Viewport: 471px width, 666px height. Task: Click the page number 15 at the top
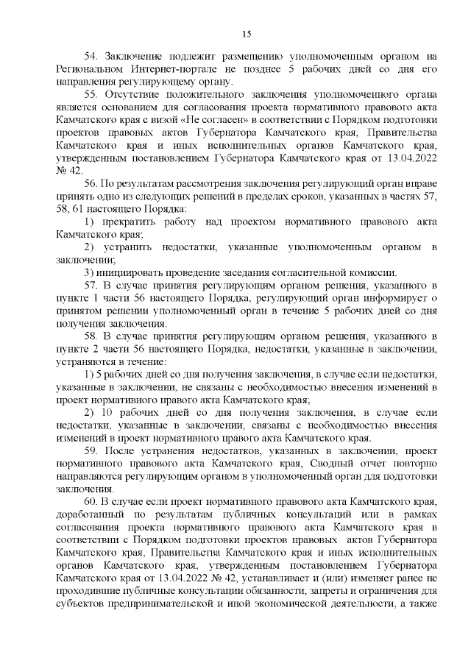[247, 33]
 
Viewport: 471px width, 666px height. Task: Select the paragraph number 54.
[91, 56]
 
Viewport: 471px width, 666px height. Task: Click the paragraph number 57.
[91, 285]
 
